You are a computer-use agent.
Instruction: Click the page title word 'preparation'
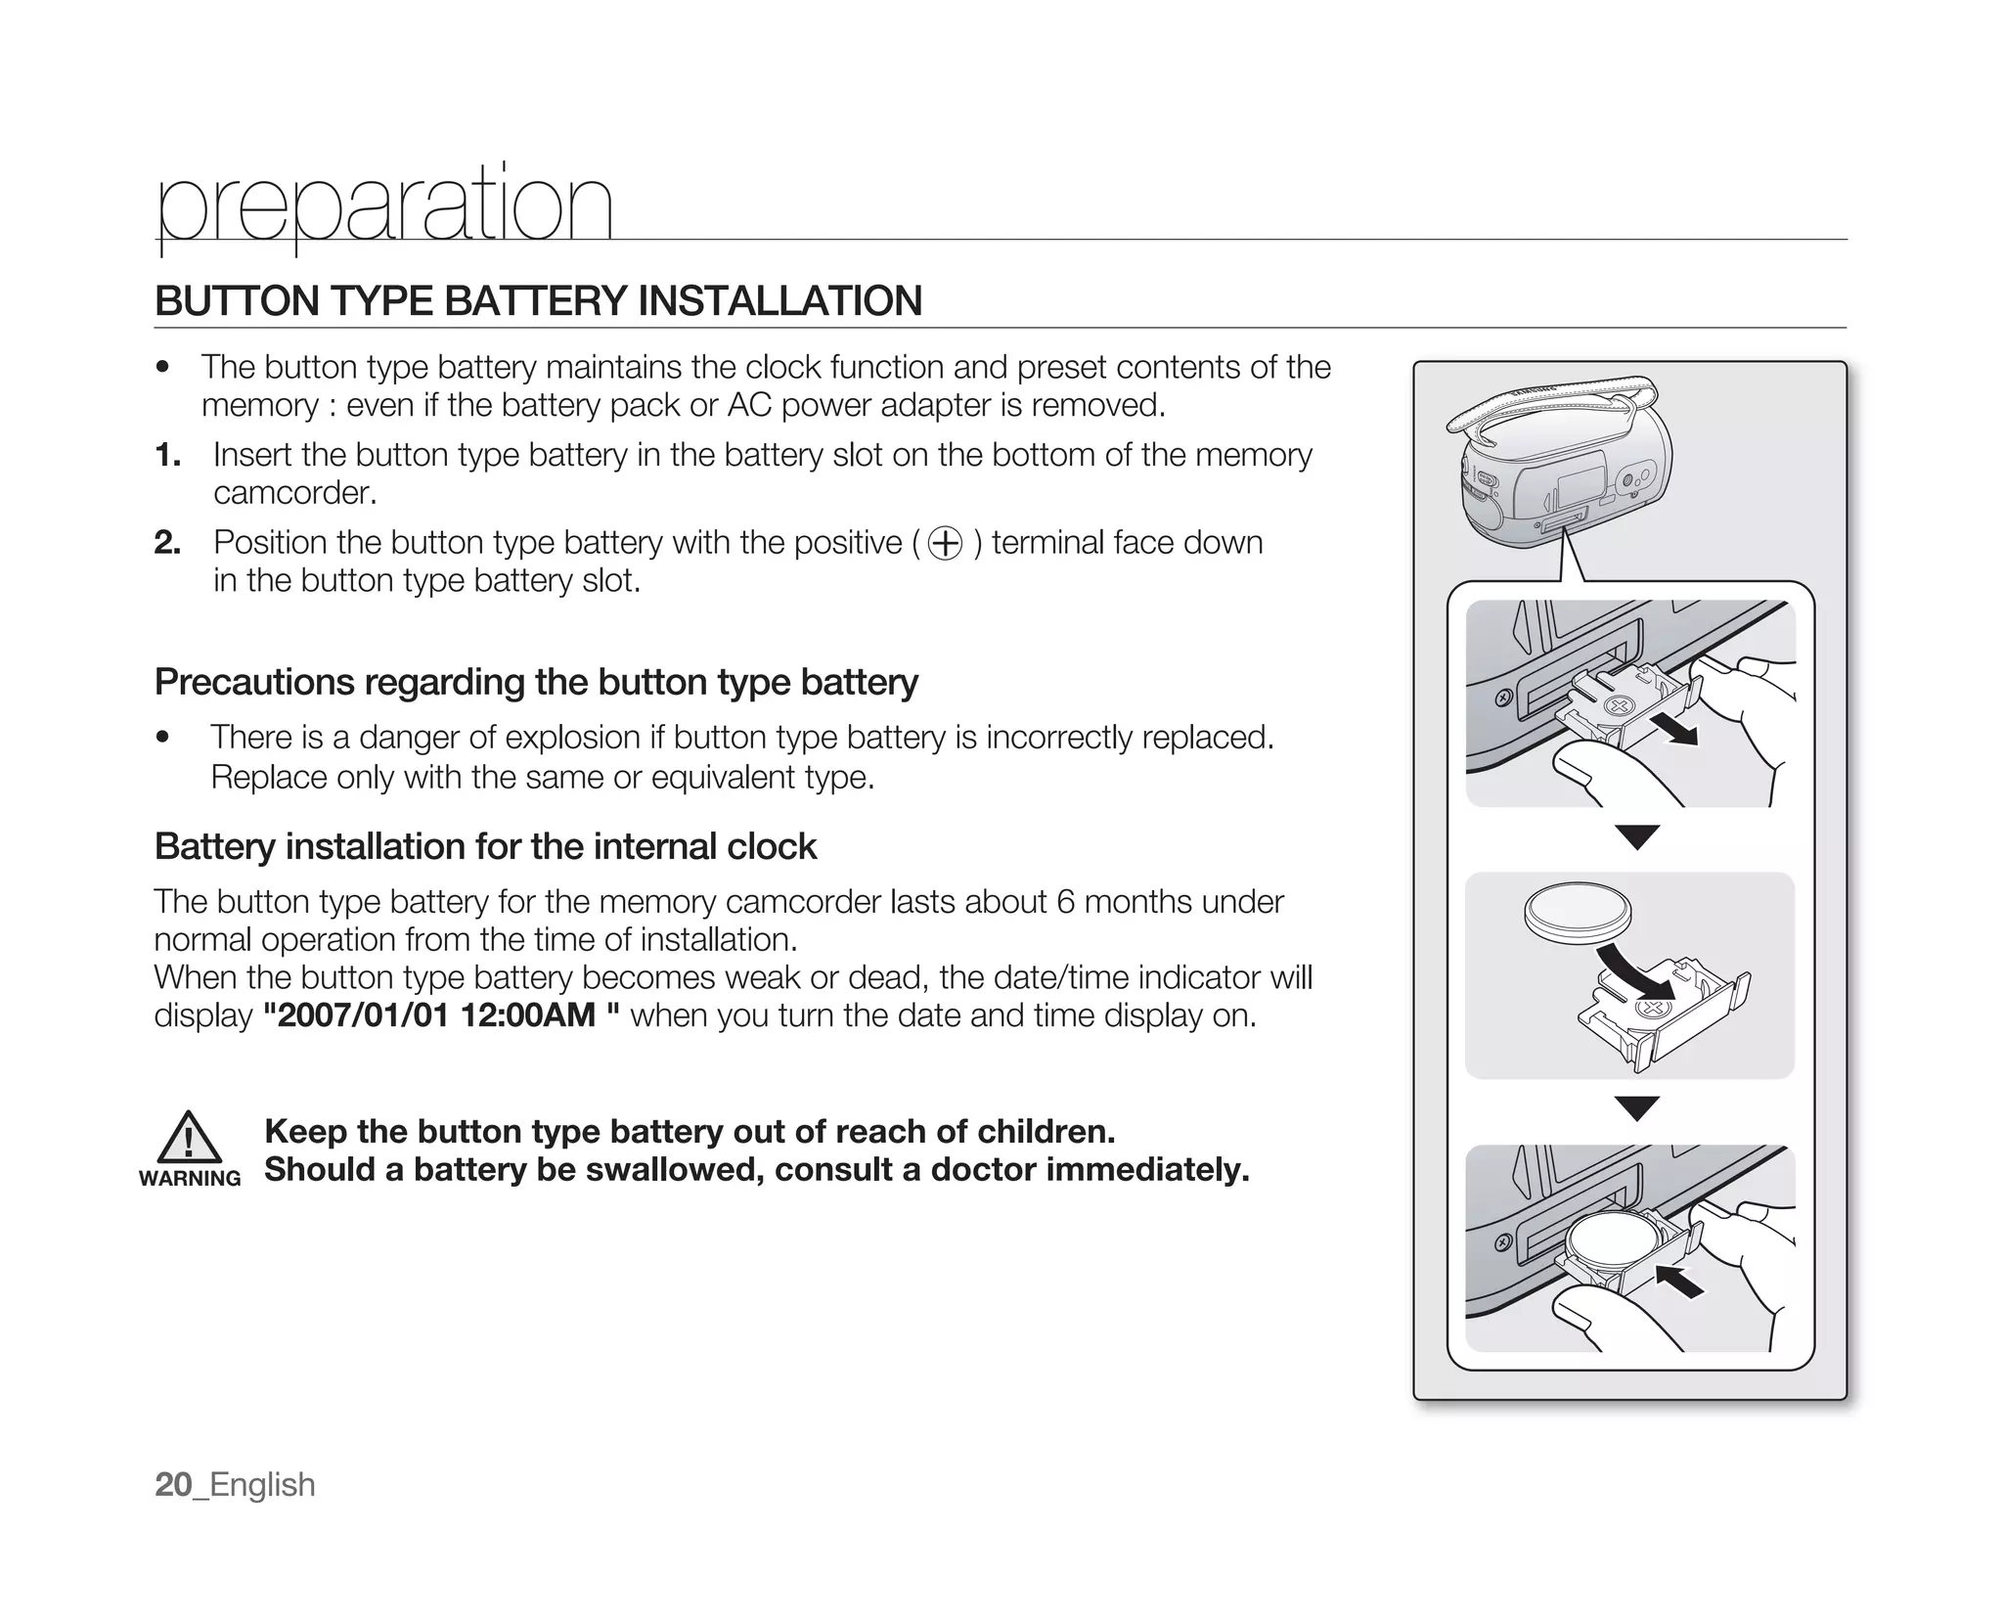click(x=384, y=206)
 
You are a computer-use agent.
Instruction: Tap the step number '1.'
click(x=167, y=455)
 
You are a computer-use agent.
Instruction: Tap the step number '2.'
click(x=167, y=543)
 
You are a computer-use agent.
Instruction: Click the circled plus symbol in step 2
click(x=945, y=543)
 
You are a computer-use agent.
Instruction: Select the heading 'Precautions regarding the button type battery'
click(x=536, y=682)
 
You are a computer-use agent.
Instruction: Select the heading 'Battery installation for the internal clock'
click(x=485, y=846)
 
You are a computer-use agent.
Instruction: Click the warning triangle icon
click(x=189, y=1138)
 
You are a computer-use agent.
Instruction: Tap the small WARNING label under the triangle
click(x=190, y=1179)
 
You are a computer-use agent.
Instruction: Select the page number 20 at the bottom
click(x=173, y=1485)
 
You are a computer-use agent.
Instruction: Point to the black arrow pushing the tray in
click(x=1679, y=1280)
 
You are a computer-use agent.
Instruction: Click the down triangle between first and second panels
click(x=1637, y=837)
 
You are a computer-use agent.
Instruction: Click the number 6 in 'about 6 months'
click(x=1066, y=901)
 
